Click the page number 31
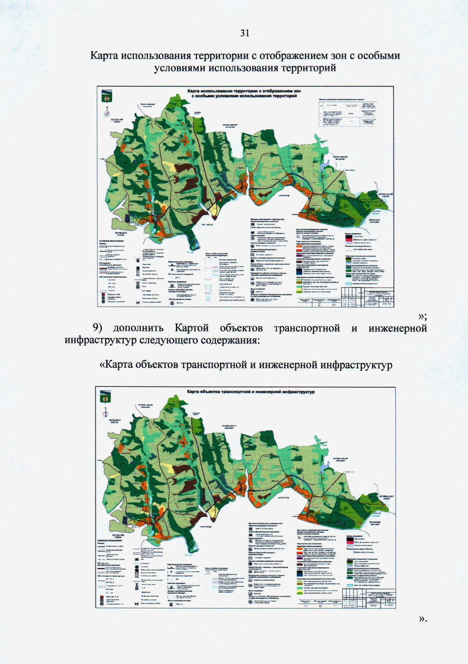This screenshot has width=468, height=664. [245, 33]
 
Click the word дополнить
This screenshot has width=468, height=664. [138, 328]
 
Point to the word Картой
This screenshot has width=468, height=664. [191, 328]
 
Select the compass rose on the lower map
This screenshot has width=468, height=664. [106, 411]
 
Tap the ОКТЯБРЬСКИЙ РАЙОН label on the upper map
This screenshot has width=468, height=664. [386, 195]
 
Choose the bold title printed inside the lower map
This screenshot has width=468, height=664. [251, 392]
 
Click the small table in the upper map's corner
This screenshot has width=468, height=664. [348, 113]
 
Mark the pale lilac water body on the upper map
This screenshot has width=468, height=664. [323, 166]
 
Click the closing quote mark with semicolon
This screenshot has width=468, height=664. [422, 316]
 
